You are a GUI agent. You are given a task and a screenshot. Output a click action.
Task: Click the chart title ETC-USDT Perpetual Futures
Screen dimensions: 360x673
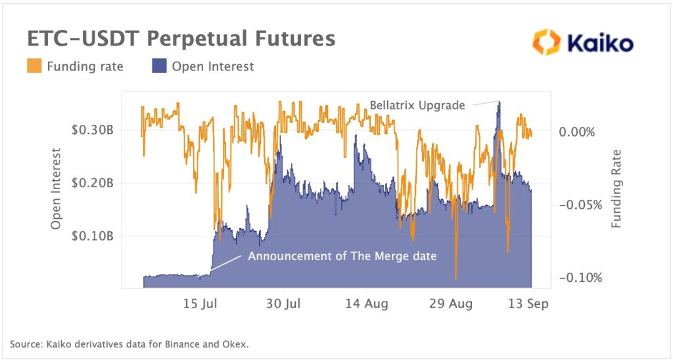coord(181,39)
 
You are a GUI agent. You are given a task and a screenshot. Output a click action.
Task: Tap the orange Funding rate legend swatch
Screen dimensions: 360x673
coord(34,66)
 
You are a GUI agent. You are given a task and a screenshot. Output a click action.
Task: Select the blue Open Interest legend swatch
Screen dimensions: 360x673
coord(160,66)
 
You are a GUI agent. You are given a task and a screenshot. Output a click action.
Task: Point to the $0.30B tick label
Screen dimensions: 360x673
coord(92,130)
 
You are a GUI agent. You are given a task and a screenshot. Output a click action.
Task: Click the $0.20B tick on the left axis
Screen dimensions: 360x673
coord(92,183)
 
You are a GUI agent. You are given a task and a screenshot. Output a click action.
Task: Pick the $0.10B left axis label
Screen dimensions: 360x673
coord(92,236)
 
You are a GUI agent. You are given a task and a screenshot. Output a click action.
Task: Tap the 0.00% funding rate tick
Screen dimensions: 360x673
coord(576,131)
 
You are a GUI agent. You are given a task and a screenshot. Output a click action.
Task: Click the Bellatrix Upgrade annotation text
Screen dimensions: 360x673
coord(417,105)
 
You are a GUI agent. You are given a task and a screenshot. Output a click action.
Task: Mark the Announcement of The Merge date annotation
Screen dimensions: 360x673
coord(342,256)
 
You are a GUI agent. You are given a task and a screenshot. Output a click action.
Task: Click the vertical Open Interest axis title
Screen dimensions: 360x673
coord(56,189)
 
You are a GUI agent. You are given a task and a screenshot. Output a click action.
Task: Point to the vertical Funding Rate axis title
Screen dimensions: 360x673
coord(616,189)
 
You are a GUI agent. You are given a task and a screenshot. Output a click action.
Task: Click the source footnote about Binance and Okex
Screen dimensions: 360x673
coord(129,344)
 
